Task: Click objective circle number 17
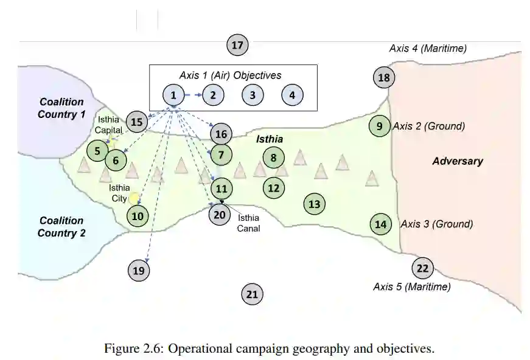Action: click(x=237, y=45)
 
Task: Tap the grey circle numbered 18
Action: click(x=384, y=77)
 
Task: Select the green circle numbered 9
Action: click(x=380, y=126)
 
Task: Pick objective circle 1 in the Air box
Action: click(x=173, y=95)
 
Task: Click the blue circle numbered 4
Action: click(x=292, y=95)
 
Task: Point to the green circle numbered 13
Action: click(x=314, y=204)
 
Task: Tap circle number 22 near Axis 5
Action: click(x=422, y=268)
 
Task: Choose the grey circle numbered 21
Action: click(x=252, y=295)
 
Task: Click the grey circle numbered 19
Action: click(x=139, y=271)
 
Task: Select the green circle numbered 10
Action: click(x=138, y=215)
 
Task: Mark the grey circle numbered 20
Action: click(x=220, y=214)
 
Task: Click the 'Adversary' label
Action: click(x=457, y=161)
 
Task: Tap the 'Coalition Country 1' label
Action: click(x=61, y=108)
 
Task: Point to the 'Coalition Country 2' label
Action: click(x=61, y=227)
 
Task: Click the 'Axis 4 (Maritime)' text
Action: click(x=428, y=48)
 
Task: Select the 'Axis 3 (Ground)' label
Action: click(x=436, y=224)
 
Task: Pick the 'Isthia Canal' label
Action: click(x=248, y=223)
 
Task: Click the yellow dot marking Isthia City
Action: click(x=134, y=198)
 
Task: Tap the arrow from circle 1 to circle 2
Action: click(x=193, y=95)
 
